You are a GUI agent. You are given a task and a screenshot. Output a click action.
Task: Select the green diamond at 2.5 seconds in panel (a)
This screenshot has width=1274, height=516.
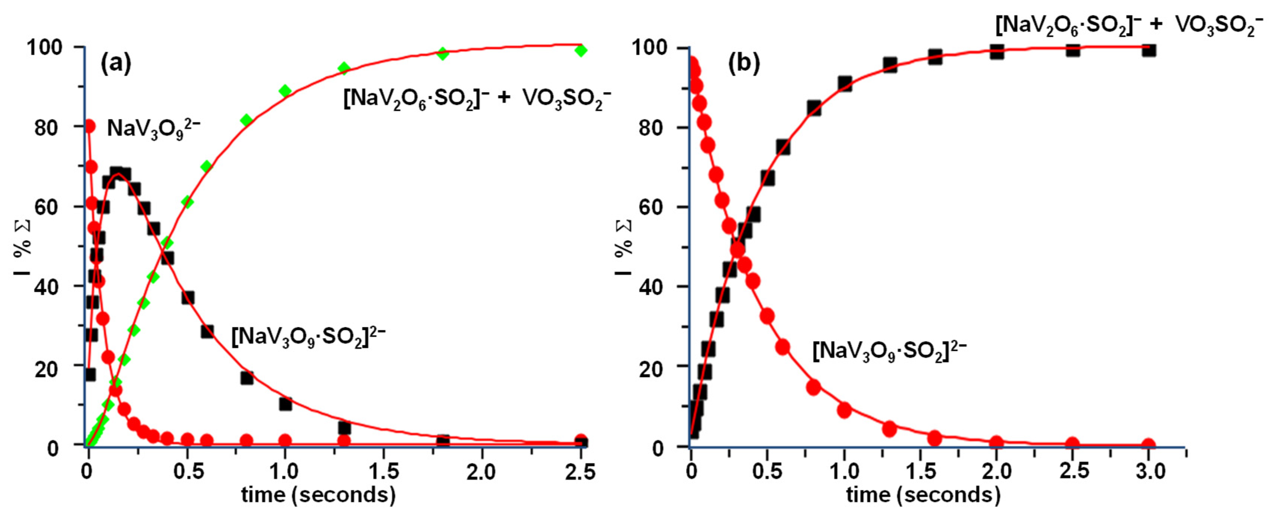[x=581, y=50]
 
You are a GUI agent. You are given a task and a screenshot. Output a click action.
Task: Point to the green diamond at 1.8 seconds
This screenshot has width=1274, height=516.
[x=443, y=54]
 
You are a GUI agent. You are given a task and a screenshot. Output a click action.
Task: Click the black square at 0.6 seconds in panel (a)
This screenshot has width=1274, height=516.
[x=207, y=332]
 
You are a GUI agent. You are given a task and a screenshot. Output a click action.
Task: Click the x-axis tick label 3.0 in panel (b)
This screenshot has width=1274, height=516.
[x=1150, y=472]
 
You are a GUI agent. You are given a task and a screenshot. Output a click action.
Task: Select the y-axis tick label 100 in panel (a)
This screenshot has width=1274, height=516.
[x=44, y=48]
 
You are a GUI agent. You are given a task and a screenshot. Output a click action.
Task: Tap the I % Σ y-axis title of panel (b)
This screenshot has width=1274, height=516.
[x=624, y=247]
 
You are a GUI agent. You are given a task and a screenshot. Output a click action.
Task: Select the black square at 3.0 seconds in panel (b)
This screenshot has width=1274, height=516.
[x=1149, y=50]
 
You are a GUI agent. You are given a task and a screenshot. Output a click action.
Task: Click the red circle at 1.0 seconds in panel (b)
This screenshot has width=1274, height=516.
[x=844, y=410]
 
